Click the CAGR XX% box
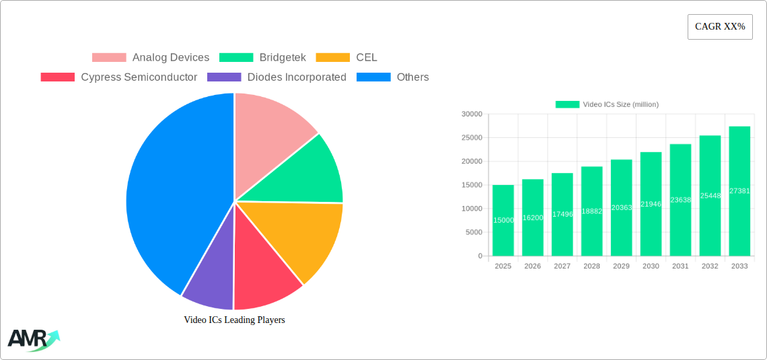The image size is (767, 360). (x=719, y=27)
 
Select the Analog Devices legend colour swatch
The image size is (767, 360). (x=109, y=58)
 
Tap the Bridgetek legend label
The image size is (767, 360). (x=283, y=58)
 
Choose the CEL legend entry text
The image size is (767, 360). (x=367, y=58)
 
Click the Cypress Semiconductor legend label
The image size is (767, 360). (x=139, y=77)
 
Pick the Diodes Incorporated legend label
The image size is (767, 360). (x=297, y=77)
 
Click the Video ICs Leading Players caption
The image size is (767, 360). (x=234, y=320)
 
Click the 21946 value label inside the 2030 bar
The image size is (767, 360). (x=651, y=204)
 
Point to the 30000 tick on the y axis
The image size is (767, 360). (x=472, y=114)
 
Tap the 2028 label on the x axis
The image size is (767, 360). (x=591, y=266)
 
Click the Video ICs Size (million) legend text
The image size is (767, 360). (x=620, y=104)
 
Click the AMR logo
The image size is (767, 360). (x=32, y=340)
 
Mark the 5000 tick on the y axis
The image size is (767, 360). (x=474, y=232)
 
